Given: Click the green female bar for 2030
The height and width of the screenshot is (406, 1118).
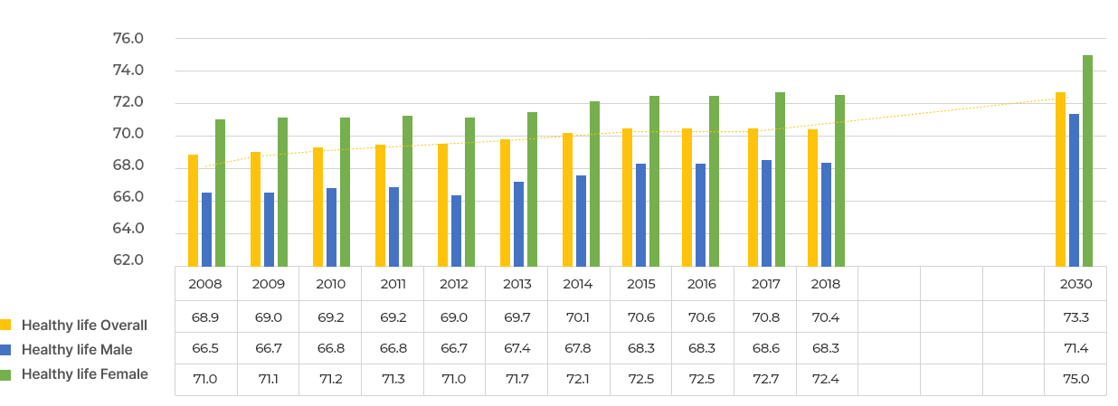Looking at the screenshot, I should (1087, 160).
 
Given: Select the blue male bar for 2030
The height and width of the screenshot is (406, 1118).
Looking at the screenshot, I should (1074, 190).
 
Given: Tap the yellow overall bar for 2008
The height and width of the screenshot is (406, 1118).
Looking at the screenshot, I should (193, 210).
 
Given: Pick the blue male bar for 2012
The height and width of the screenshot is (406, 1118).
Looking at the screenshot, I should (456, 231).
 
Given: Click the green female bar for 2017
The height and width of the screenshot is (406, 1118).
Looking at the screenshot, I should (780, 179).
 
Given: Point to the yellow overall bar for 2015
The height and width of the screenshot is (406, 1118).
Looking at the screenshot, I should (627, 197).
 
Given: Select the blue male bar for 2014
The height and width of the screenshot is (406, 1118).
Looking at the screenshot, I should (581, 221).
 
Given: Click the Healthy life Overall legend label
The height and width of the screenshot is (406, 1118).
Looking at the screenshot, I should (84, 326).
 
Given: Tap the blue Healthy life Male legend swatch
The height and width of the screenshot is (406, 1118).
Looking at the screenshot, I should (5, 350).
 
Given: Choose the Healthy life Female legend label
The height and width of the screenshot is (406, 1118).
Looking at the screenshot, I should (85, 374).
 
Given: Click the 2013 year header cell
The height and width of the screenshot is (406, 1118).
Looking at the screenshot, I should (517, 284).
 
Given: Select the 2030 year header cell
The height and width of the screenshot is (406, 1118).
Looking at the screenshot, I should (1075, 284).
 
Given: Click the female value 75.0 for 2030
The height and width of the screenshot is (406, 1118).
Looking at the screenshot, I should (1075, 379).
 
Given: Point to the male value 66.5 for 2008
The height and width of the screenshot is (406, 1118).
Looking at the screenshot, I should (205, 349).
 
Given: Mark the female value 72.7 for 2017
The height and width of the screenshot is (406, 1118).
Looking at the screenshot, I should (766, 379).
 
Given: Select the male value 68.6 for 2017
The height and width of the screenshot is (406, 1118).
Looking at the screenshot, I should (766, 349).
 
